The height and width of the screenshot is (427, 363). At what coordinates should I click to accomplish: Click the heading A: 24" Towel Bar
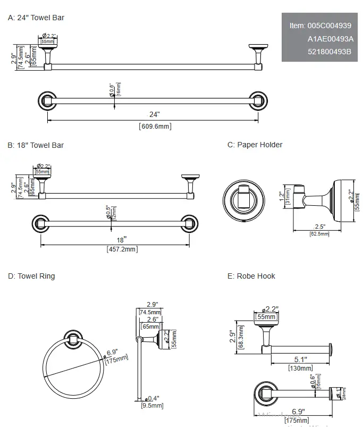(36, 18)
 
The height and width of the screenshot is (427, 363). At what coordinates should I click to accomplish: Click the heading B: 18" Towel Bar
(36, 145)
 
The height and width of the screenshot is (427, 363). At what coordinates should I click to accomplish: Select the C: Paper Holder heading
(255, 145)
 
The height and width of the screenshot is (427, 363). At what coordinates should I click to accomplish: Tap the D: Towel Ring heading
(31, 276)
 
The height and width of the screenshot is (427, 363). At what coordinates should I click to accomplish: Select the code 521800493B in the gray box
(330, 52)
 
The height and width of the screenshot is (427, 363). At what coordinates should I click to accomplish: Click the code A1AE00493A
(330, 38)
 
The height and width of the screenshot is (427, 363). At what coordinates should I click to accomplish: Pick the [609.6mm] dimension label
(155, 127)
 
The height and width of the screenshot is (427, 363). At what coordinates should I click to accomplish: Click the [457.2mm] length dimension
(122, 249)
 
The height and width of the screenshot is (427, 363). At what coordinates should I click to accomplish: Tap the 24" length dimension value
(154, 114)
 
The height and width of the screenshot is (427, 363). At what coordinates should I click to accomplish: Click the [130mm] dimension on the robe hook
(300, 368)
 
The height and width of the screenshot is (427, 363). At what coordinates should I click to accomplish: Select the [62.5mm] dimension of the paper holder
(319, 234)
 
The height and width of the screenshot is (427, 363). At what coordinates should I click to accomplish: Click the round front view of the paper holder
(242, 200)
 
